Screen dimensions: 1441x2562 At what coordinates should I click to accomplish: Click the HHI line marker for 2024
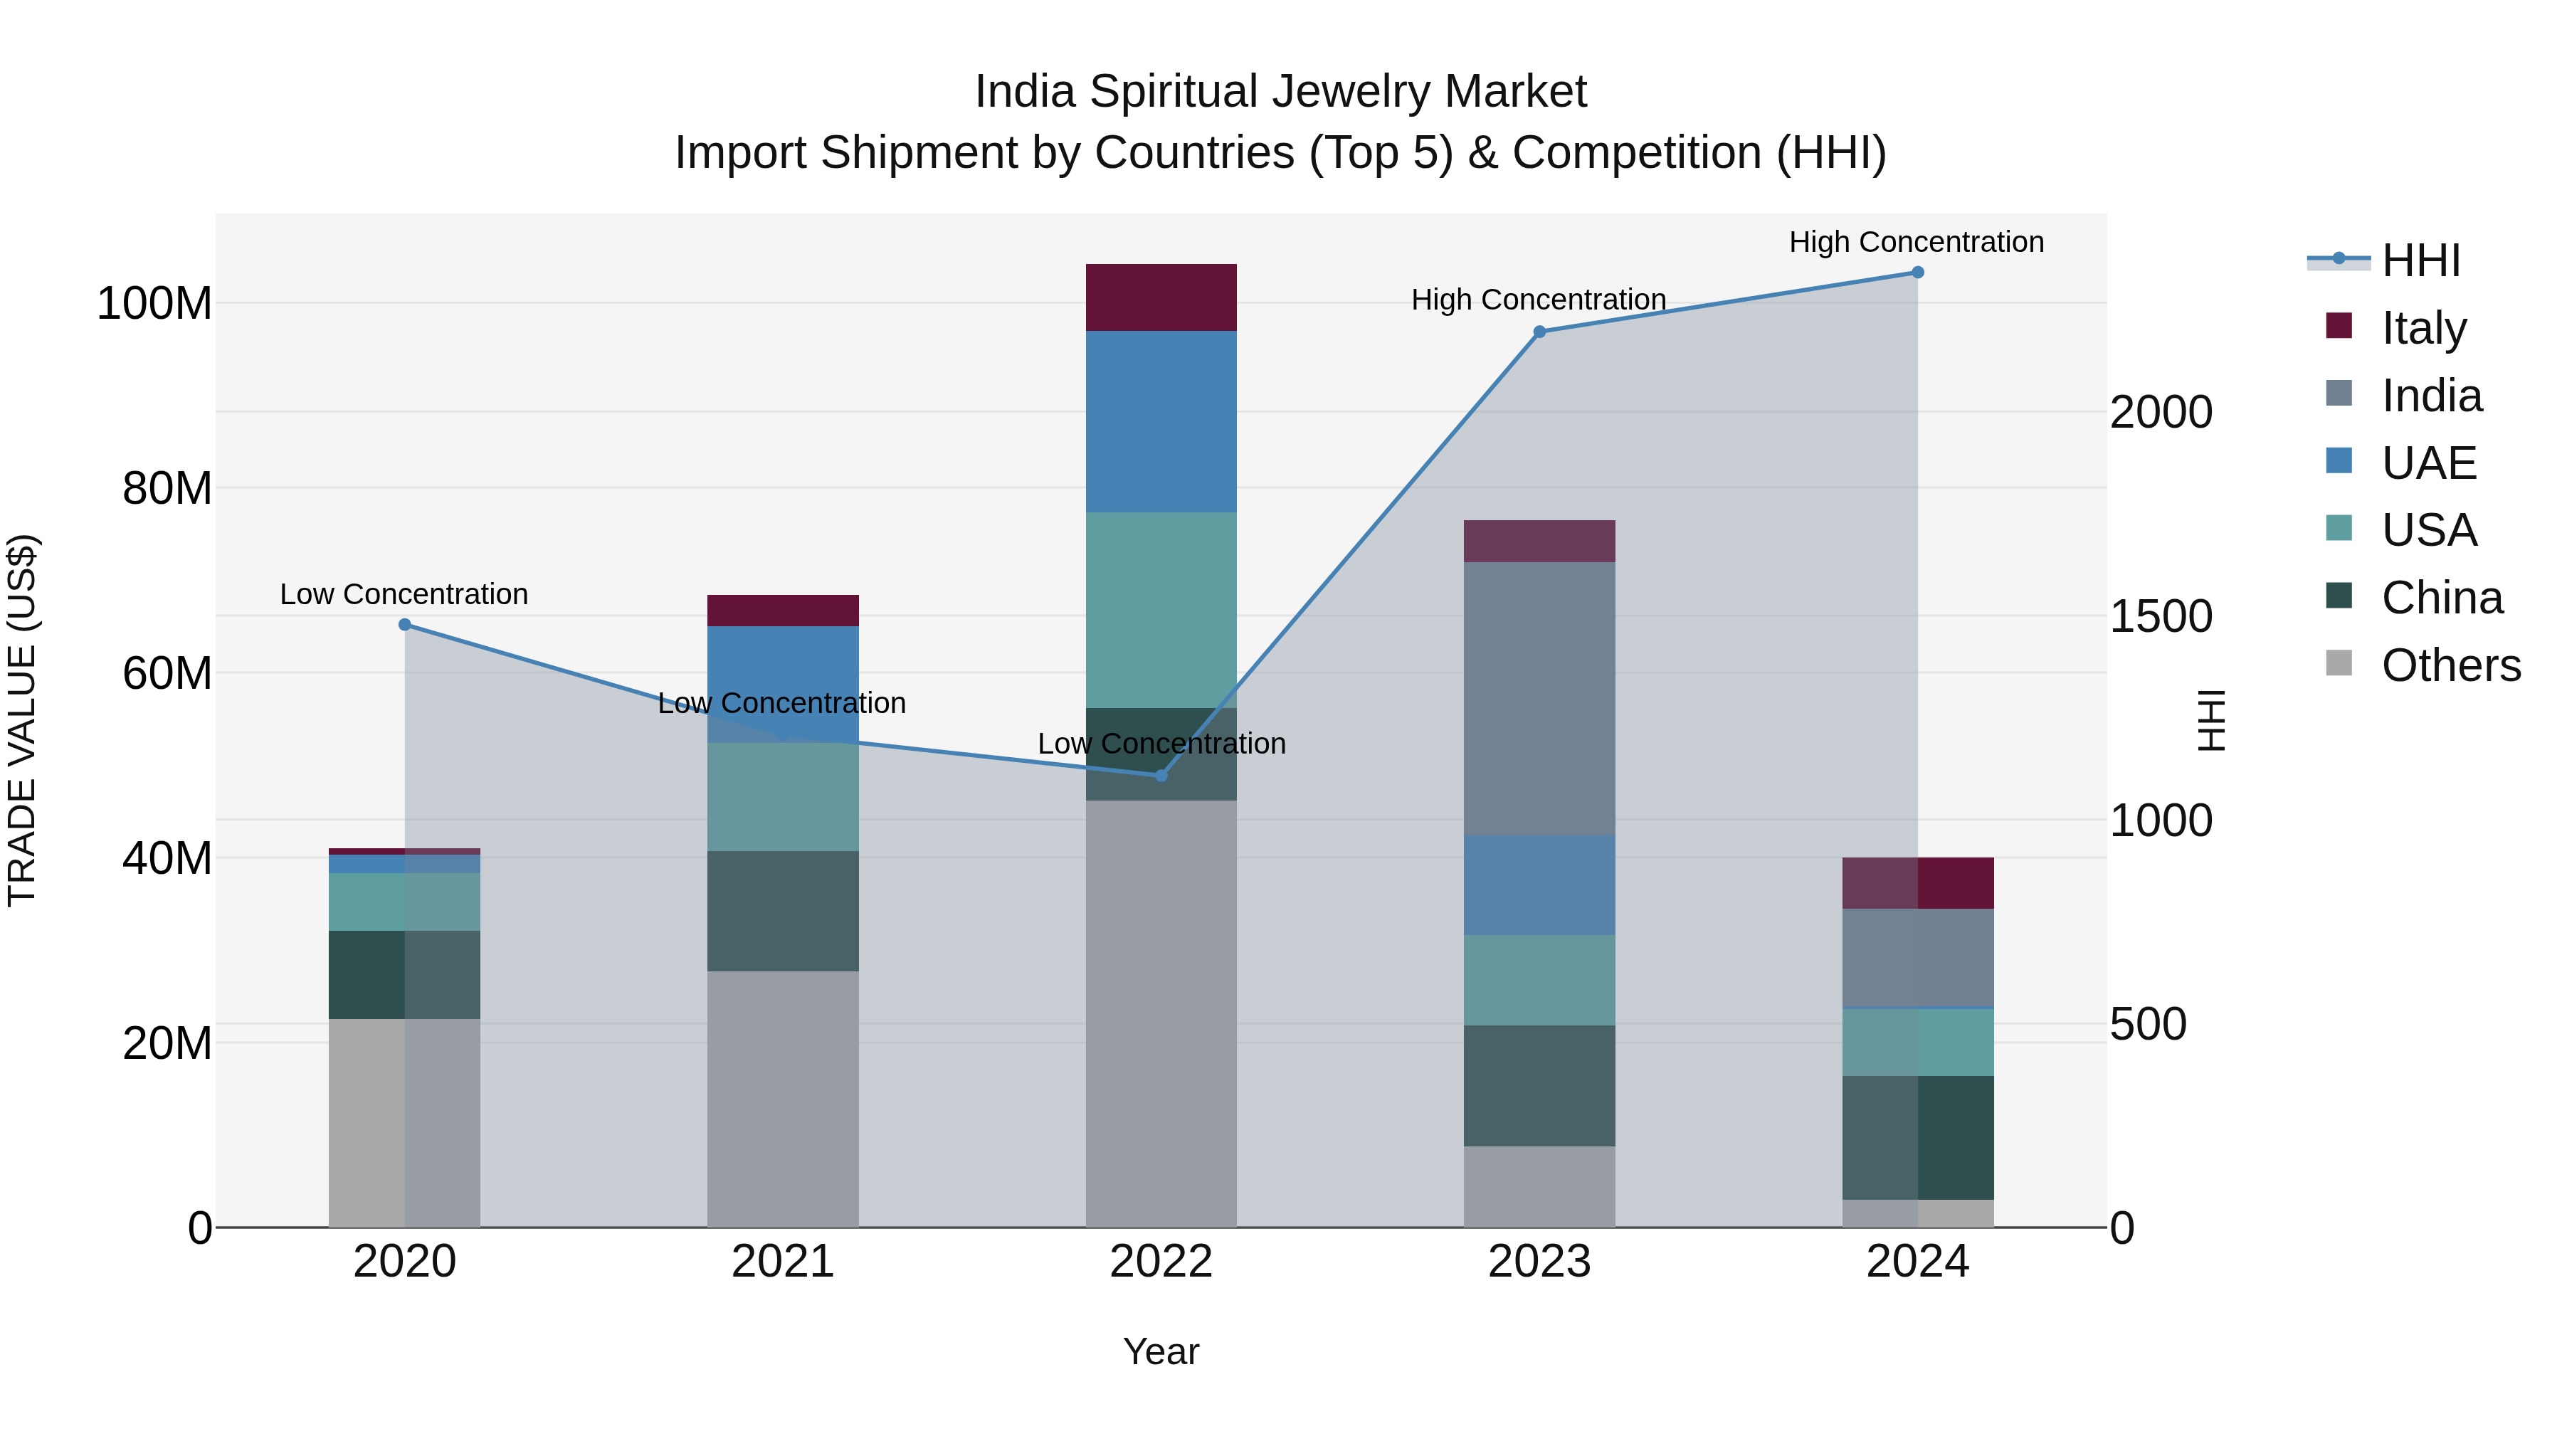click(1917, 273)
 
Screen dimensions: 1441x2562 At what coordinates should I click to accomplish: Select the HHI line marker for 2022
click(1161, 775)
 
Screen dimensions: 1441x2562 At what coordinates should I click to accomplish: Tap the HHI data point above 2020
click(405, 625)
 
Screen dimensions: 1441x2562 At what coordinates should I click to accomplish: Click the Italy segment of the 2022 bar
click(1161, 297)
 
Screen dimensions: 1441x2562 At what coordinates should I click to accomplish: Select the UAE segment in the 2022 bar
click(1161, 422)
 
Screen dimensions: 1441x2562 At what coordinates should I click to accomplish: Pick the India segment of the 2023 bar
click(1539, 698)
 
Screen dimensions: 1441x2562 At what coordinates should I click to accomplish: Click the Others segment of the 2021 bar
click(783, 1099)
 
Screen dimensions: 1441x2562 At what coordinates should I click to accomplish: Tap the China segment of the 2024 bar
click(1917, 1138)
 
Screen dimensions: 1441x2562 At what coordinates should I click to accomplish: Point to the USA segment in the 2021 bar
click(783, 796)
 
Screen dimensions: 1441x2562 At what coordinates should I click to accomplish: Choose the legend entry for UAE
click(2427, 463)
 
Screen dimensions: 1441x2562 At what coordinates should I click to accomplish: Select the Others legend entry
click(2450, 665)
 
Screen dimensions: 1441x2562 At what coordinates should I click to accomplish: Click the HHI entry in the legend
click(2420, 260)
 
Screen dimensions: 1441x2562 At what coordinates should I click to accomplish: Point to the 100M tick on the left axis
click(154, 303)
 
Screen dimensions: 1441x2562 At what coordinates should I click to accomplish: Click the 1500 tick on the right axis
click(2160, 616)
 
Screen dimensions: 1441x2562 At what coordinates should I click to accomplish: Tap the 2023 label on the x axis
click(1539, 1262)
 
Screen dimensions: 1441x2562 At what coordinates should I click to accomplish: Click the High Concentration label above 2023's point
click(1538, 300)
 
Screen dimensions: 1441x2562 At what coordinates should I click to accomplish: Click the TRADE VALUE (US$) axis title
click(22, 720)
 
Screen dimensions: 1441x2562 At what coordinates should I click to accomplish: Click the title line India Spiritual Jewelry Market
click(1280, 92)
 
